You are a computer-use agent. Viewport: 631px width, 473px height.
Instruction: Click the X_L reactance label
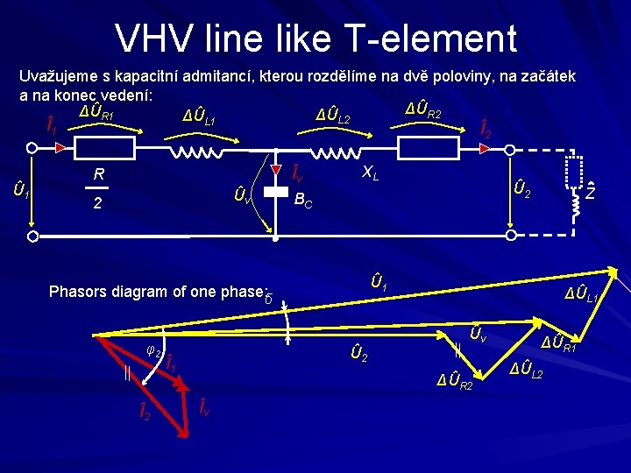pyautogui.click(x=371, y=173)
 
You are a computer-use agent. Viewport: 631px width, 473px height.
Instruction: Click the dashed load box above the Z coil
pyautogui.click(x=575, y=171)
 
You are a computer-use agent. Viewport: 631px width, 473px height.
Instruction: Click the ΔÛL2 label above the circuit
pyautogui.click(x=333, y=115)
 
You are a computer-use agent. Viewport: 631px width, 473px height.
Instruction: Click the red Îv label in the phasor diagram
pyautogui.click(x=202, y=406)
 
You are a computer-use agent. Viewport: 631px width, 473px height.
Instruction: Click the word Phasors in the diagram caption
pyautogui.click(x=78, y=292)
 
